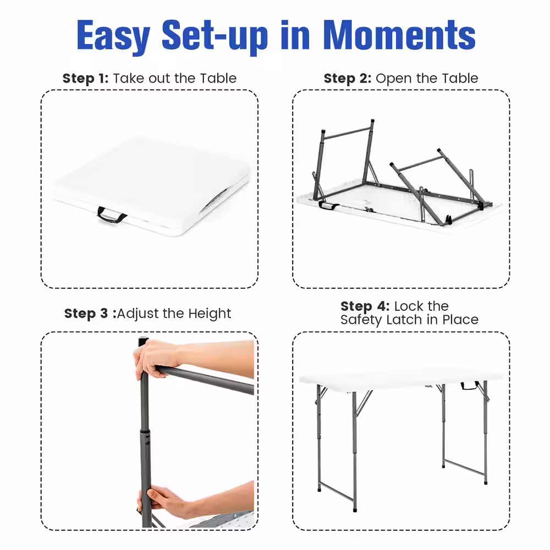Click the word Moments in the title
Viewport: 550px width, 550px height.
(x=399, y=35)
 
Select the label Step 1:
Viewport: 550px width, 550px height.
(x=86, y=79)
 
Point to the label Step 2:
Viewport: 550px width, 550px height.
(x=347, y=79)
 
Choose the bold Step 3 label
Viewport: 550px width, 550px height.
(x=86, y=313)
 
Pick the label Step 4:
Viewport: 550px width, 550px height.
(x=365, y=306)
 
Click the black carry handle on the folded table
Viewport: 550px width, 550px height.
(x=111, y=215)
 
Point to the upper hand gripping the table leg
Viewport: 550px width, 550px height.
(x=157, y=358)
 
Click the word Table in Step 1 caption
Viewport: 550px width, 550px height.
(x=218, y=78)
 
